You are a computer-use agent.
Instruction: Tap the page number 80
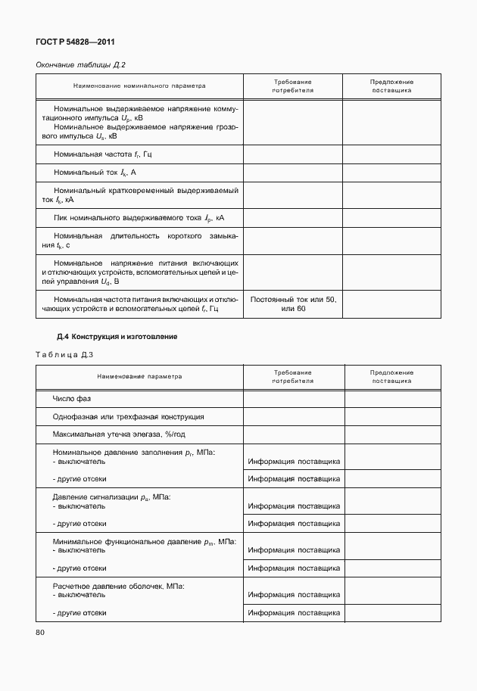[41, 632]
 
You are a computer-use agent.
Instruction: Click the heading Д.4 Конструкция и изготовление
[117, 336]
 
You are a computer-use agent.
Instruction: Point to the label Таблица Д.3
[64, 354]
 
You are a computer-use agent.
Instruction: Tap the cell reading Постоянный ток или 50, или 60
[293, 304]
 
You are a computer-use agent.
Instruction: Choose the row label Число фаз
[71, 398]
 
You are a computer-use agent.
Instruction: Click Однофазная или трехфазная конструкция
[128, 416]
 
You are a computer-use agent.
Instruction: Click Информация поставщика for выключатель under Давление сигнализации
[293, 506]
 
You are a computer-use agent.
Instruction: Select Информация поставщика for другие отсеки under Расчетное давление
[293, 612]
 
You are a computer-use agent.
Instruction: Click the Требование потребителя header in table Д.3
[293, 377]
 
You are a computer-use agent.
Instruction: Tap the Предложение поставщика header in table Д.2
[391, 86]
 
